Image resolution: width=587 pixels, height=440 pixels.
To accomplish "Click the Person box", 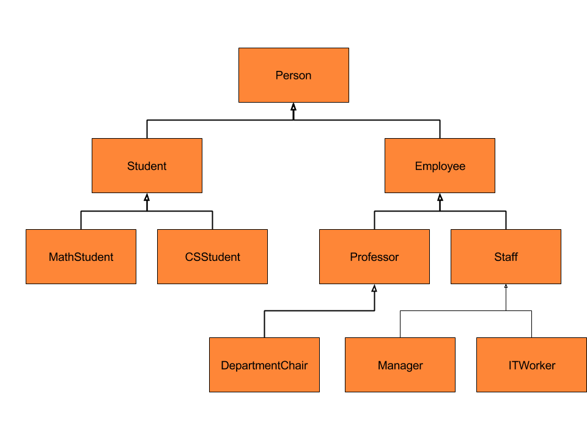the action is (293, 75).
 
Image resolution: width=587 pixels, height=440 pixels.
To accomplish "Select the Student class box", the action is (147, 166).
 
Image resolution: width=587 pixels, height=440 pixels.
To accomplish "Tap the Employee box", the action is (440, 166).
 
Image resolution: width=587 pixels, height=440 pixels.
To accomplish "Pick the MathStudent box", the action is (81, 257).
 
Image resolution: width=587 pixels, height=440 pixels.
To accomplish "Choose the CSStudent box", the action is (212, 257).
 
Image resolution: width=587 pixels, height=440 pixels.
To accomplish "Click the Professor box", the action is (374, 257).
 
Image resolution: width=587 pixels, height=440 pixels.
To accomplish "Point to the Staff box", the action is (506, 257).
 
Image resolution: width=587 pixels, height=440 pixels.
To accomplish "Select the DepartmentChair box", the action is (264, 365).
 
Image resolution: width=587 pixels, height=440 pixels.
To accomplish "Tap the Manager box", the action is (400, 365).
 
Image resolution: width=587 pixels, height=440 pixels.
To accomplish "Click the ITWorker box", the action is (531, 365).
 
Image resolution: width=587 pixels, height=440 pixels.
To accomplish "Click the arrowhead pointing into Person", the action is (293, 106).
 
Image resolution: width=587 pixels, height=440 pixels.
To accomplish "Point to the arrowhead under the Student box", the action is (147, 197).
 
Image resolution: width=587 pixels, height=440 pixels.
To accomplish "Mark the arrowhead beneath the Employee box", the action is (440, 197).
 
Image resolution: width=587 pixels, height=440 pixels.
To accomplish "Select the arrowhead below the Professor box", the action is (374, 288).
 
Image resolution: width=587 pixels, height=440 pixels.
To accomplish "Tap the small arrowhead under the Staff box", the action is (506, 286).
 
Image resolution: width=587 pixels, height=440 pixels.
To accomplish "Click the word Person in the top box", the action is (293, 75).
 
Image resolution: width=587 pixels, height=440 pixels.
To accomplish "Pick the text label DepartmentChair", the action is (264, 365).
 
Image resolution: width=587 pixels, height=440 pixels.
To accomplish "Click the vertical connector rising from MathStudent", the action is (81, 220).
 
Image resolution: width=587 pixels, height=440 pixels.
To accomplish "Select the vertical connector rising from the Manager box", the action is (400, 324).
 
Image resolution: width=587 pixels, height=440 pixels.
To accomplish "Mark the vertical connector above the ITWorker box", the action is (531, 324).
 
